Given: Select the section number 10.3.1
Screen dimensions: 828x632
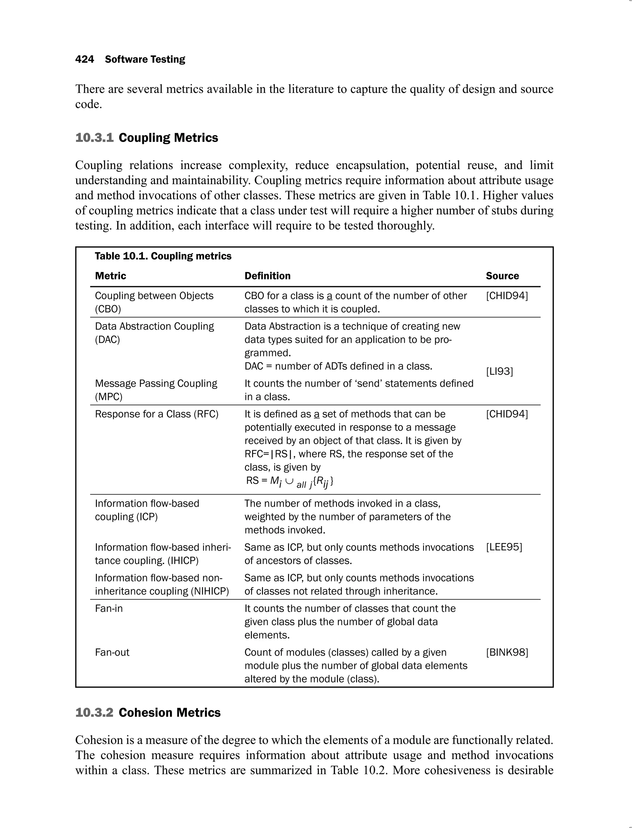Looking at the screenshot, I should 94,138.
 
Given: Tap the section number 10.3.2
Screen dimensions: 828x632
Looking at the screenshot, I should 94,713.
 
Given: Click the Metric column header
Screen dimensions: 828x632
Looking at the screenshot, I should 110,276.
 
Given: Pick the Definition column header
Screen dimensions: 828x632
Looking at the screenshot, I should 268,276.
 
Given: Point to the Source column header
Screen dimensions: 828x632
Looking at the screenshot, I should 502,276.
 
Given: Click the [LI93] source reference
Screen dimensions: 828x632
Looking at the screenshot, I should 499,371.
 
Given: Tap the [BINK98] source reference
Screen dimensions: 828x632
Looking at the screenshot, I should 507,652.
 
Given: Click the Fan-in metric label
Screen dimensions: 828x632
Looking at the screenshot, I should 109,608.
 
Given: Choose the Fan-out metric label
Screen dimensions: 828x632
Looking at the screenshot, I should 112,652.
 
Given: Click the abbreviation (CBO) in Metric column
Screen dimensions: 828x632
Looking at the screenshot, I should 108,309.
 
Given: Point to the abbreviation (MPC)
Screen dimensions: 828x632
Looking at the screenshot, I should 109,397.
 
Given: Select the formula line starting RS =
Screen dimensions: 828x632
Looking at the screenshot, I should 290,482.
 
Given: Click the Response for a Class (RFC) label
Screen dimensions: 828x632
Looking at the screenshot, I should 156,414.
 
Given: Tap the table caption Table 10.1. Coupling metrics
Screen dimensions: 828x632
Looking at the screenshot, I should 163,256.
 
